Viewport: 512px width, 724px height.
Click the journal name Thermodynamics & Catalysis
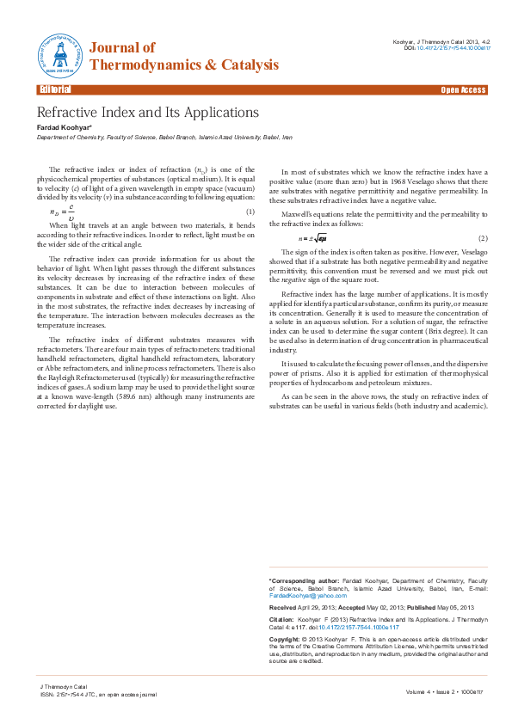(x=184, y=65)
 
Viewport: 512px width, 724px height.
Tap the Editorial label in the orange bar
(x=54, y=89)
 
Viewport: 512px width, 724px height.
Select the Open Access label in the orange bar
(x=464, y=89)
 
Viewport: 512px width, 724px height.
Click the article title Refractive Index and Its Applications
(x=147, y=113)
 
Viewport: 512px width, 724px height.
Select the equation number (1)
(x=250, y=212)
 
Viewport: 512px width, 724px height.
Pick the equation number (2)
(x=483, y=238)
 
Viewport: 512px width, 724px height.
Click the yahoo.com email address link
(x=300, y=595)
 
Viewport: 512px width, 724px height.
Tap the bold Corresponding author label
(x=304, y=581)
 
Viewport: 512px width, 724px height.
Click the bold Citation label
(x=281, y=619)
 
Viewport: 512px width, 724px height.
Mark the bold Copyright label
(x=284, y=641)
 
